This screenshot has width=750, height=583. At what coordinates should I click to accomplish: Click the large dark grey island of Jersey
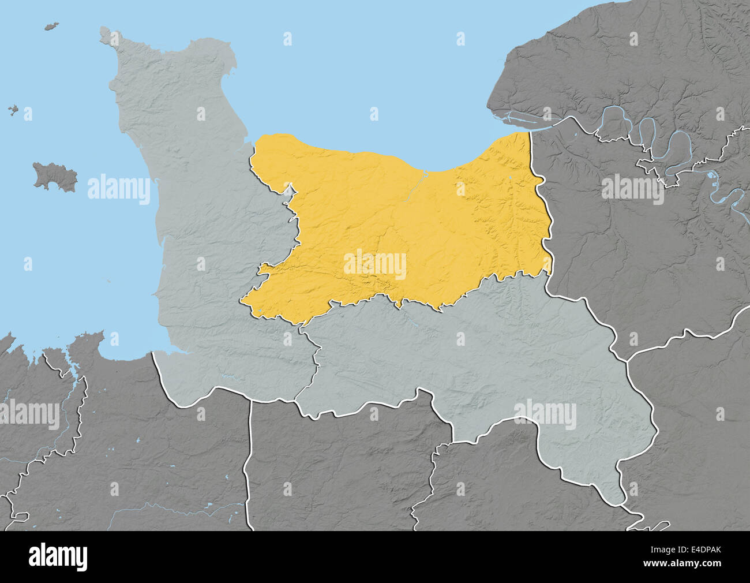(x=55, y=176)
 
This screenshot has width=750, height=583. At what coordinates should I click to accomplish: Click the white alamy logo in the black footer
(x=58, y=556)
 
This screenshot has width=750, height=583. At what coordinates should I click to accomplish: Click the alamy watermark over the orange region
(x=375, y=265)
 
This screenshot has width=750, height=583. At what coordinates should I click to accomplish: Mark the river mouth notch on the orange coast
(x=425, y=171)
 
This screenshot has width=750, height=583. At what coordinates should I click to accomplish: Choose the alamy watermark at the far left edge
(x=29, y=415)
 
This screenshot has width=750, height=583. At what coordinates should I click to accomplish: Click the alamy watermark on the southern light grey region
(x=545, y=415)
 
